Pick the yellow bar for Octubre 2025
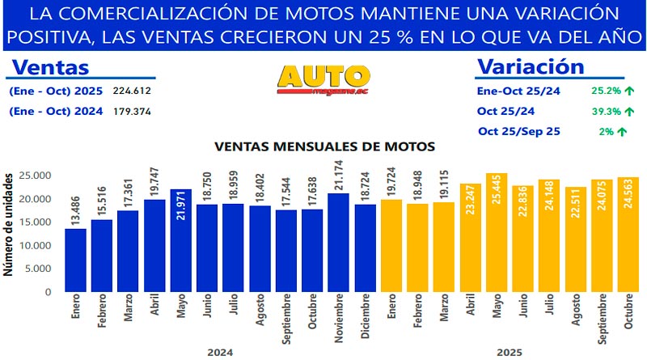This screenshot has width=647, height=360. pos(628,235)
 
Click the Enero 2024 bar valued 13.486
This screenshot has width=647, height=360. pos(75,260)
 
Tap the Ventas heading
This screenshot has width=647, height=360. pos(52,68)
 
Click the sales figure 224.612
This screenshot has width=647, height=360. pos(131,91)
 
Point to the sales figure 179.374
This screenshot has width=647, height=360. pos(131,112)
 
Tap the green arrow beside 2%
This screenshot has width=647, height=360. pos(623,131)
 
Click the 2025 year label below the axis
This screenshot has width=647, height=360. pos(509,352)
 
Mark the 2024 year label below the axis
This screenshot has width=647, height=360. pos(220,352)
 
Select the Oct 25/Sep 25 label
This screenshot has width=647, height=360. pos(519,131)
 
